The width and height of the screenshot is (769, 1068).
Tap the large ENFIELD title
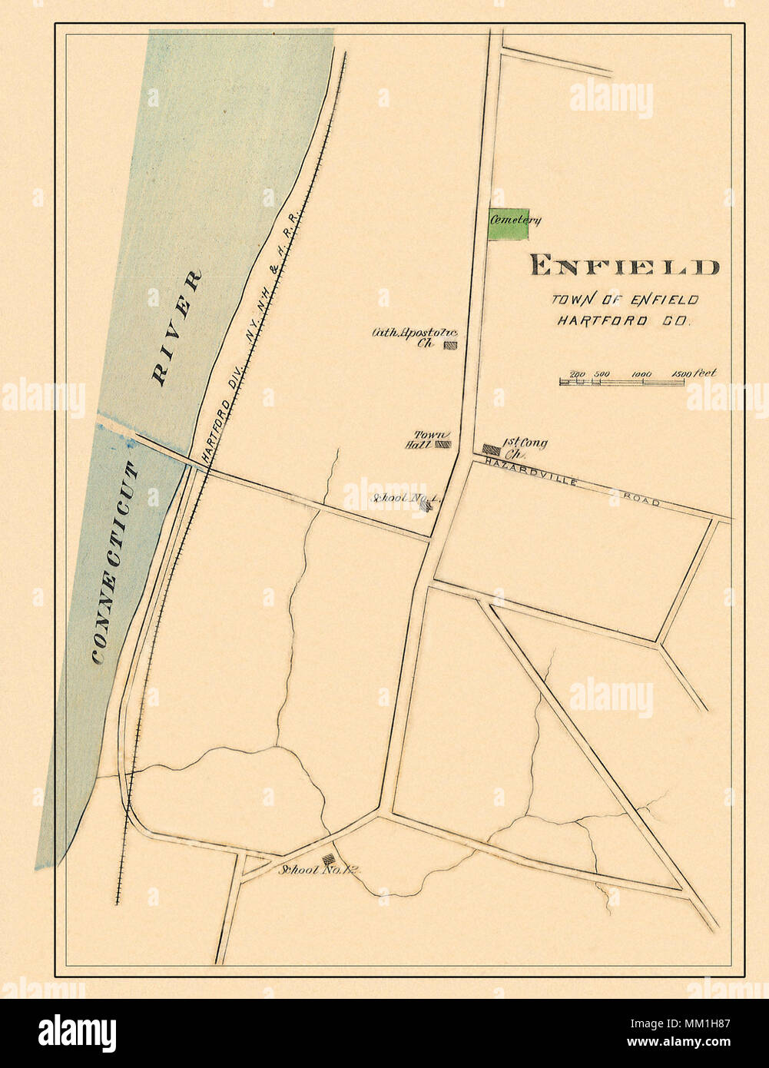[624, 266]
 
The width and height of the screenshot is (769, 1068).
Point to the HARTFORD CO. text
[624, 320]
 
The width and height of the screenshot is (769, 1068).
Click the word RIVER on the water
[177, 327]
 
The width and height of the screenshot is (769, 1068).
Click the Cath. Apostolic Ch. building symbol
[452, 346]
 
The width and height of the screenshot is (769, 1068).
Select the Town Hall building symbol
[443, 444]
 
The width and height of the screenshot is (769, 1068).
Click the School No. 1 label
[401, 499]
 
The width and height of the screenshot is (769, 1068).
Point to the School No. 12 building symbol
[329, 859]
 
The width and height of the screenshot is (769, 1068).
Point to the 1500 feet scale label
[693, 374]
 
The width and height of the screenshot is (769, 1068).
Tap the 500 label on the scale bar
[602, 375]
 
